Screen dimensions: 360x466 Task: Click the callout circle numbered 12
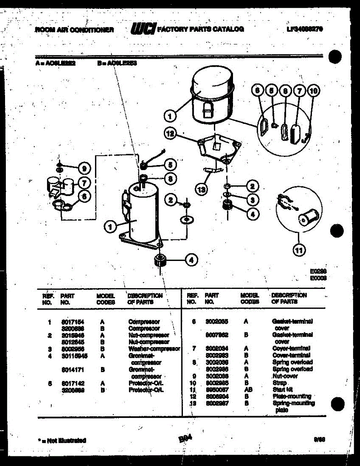coord(169,134)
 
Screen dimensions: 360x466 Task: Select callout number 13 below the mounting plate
coord(201,190)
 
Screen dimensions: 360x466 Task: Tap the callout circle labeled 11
coord(298,250)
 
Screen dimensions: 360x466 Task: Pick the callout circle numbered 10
coord(314,91)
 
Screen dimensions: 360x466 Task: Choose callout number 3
coord(252,200)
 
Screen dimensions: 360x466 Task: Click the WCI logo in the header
coord(144,29)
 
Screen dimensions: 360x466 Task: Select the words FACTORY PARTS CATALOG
coord(201,29)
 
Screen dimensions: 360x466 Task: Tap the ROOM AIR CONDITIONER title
coord(74,30)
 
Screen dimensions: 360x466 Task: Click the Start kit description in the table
coord(282,389)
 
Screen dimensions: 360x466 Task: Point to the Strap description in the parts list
coord(280,383)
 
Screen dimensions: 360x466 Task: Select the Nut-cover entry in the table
coord(285,376)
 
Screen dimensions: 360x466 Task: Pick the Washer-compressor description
coord(154,349)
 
